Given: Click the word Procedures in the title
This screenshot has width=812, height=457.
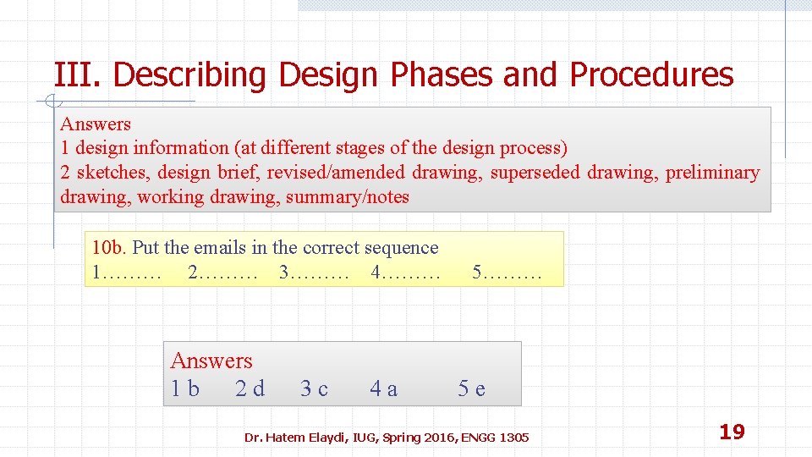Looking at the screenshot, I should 651,75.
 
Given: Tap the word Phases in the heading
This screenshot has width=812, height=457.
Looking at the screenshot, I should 442,75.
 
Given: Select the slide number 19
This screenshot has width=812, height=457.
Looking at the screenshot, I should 732,432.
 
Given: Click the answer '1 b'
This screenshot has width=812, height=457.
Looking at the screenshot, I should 185,388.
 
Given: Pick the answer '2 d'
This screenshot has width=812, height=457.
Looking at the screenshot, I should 250,388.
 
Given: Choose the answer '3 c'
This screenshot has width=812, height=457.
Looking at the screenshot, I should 315,388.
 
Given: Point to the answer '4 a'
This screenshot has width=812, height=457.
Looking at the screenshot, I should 383,388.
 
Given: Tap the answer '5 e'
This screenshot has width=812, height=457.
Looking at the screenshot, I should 472,388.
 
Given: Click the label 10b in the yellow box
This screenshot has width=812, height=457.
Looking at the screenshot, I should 109,248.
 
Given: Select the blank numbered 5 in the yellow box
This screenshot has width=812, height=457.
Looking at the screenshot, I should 506,273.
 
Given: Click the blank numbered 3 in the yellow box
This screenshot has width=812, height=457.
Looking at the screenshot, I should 314,273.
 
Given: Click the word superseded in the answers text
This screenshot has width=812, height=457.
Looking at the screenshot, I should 535,173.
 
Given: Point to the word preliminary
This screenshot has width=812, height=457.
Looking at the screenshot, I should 712,173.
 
